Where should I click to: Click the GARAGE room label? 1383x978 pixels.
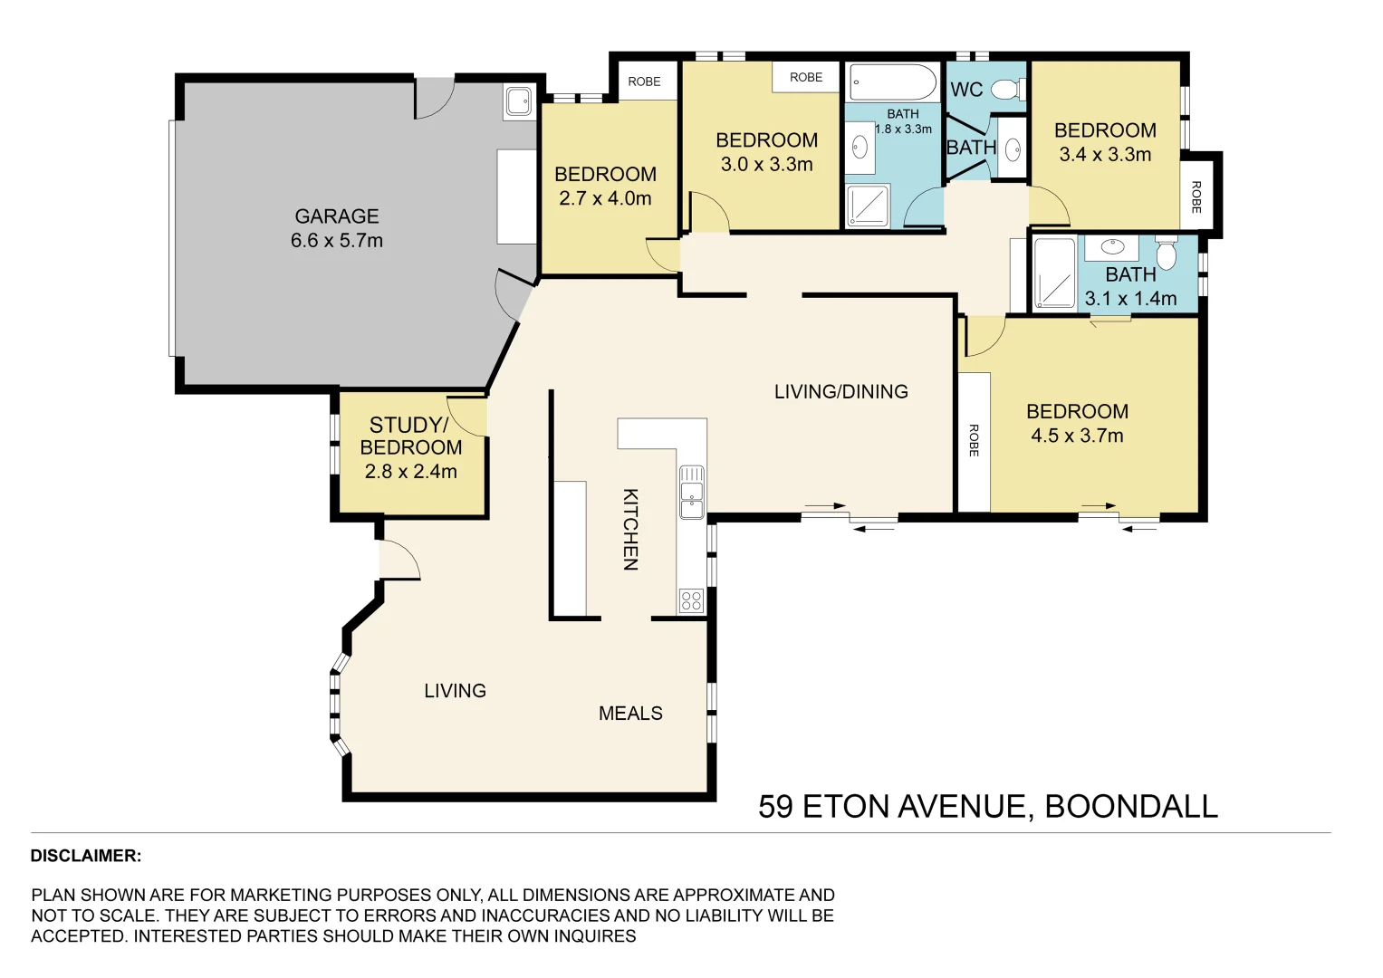pos(337,216)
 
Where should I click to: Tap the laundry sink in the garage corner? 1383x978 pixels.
pos(519,101)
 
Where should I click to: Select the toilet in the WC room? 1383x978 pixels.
pos(1008,90)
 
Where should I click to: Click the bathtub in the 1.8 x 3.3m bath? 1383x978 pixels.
pos(893,82)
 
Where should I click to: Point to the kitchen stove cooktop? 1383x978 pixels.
pos(692,600)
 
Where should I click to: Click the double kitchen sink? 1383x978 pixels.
pos(692,492)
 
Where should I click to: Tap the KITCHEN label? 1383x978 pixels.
pos(630,529)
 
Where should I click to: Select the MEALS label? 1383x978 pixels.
pos(630,714)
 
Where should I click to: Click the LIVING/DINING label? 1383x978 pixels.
pos(840,391)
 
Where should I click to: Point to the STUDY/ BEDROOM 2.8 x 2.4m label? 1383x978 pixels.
pos(411,447)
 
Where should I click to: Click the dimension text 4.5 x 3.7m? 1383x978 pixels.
pos(1077,436)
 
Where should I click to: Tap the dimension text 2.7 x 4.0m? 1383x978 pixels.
pos(605,198)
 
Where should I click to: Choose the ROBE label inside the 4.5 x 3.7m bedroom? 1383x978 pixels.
pos(975,440)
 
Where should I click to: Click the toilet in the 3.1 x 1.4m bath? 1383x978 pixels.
pos(1167,253)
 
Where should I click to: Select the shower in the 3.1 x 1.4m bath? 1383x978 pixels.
pos(1054,273)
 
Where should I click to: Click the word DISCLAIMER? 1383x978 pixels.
pos(86,856)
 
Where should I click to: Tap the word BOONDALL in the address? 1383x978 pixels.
pos(1131,806)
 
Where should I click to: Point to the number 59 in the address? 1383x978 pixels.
pos(775,806)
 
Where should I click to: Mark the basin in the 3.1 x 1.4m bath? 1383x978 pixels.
pos(1112,247)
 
